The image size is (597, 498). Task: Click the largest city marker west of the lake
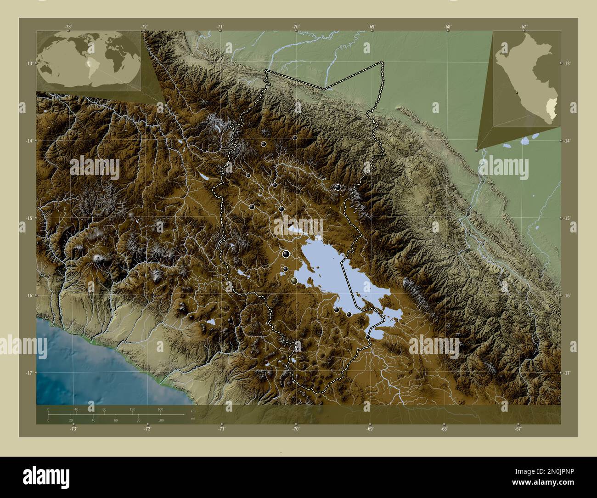tap(286, 254)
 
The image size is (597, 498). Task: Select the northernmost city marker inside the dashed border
tap(295, 137)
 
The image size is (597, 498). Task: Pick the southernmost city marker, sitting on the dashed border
tap(368, 338)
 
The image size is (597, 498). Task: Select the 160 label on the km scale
tap(160, 409)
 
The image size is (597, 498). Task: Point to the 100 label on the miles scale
tap(160, 420)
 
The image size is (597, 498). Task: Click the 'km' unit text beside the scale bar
tap(193, 411)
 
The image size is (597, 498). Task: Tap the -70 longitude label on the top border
tap(296, 27)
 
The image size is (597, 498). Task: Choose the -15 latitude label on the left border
tap(29, 218)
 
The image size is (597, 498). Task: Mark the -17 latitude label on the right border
tap(567, 373)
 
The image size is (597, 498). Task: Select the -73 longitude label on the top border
tap(68, 27)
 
